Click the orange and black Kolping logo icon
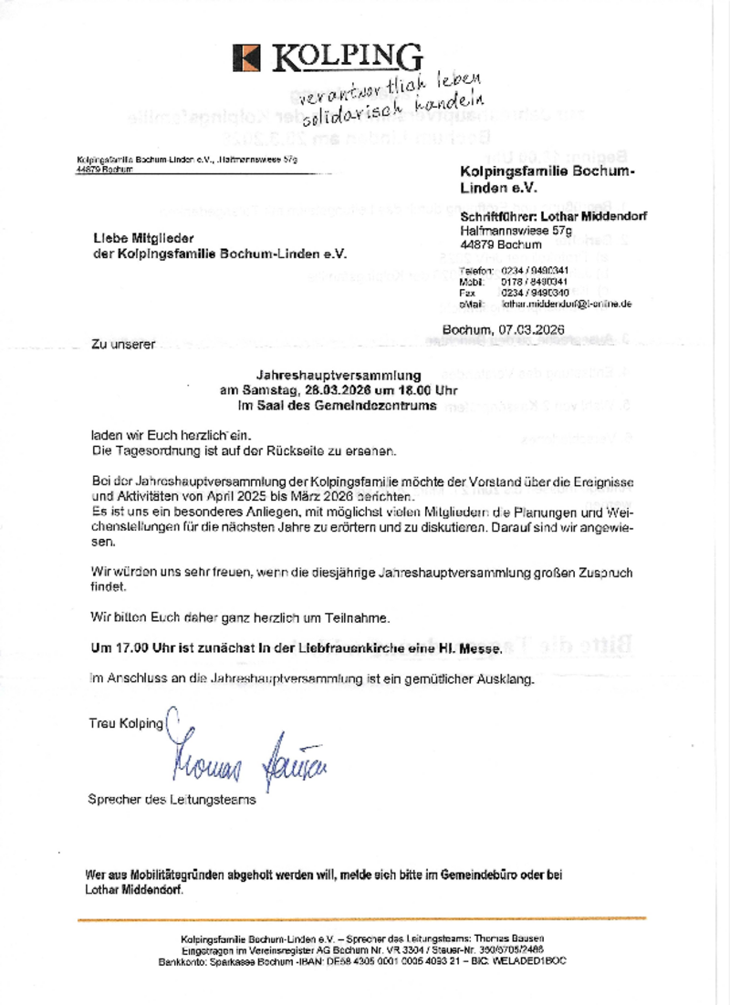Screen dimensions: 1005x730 click(x=247, y=57)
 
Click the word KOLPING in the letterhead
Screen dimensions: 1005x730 click(x=347, y=57)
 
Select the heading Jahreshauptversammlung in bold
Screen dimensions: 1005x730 click(x=339, y=375)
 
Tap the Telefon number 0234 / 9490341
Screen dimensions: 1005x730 click(x=535, y=272)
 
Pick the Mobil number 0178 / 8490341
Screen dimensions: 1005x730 click(x=535, y=283)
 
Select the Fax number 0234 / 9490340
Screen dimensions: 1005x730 click(x=535, y=293)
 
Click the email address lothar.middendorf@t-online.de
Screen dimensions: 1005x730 click(x=566, y=304)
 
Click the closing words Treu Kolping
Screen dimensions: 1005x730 click(x=126, y=723)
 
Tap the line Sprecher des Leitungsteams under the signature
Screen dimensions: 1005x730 click(x=172, y=800)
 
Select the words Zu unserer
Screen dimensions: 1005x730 click(x=123, y=344)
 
